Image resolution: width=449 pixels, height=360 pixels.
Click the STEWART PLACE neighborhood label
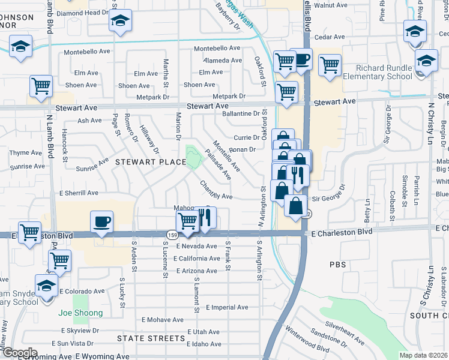coord(142,161)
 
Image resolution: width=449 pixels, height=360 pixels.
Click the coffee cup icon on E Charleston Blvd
coord(101,222)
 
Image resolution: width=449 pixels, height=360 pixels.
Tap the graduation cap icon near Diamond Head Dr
coord(120,22)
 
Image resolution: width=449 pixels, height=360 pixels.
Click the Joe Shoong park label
coord(80,313)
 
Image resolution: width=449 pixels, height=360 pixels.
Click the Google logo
coord(19,353)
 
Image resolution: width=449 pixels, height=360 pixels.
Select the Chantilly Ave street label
coord(215,191)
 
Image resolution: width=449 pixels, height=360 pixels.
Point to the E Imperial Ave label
coord(226,307)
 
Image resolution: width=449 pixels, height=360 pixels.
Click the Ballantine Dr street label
coord(241,113)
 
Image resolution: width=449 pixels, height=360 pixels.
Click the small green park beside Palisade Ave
coord(193,158)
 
